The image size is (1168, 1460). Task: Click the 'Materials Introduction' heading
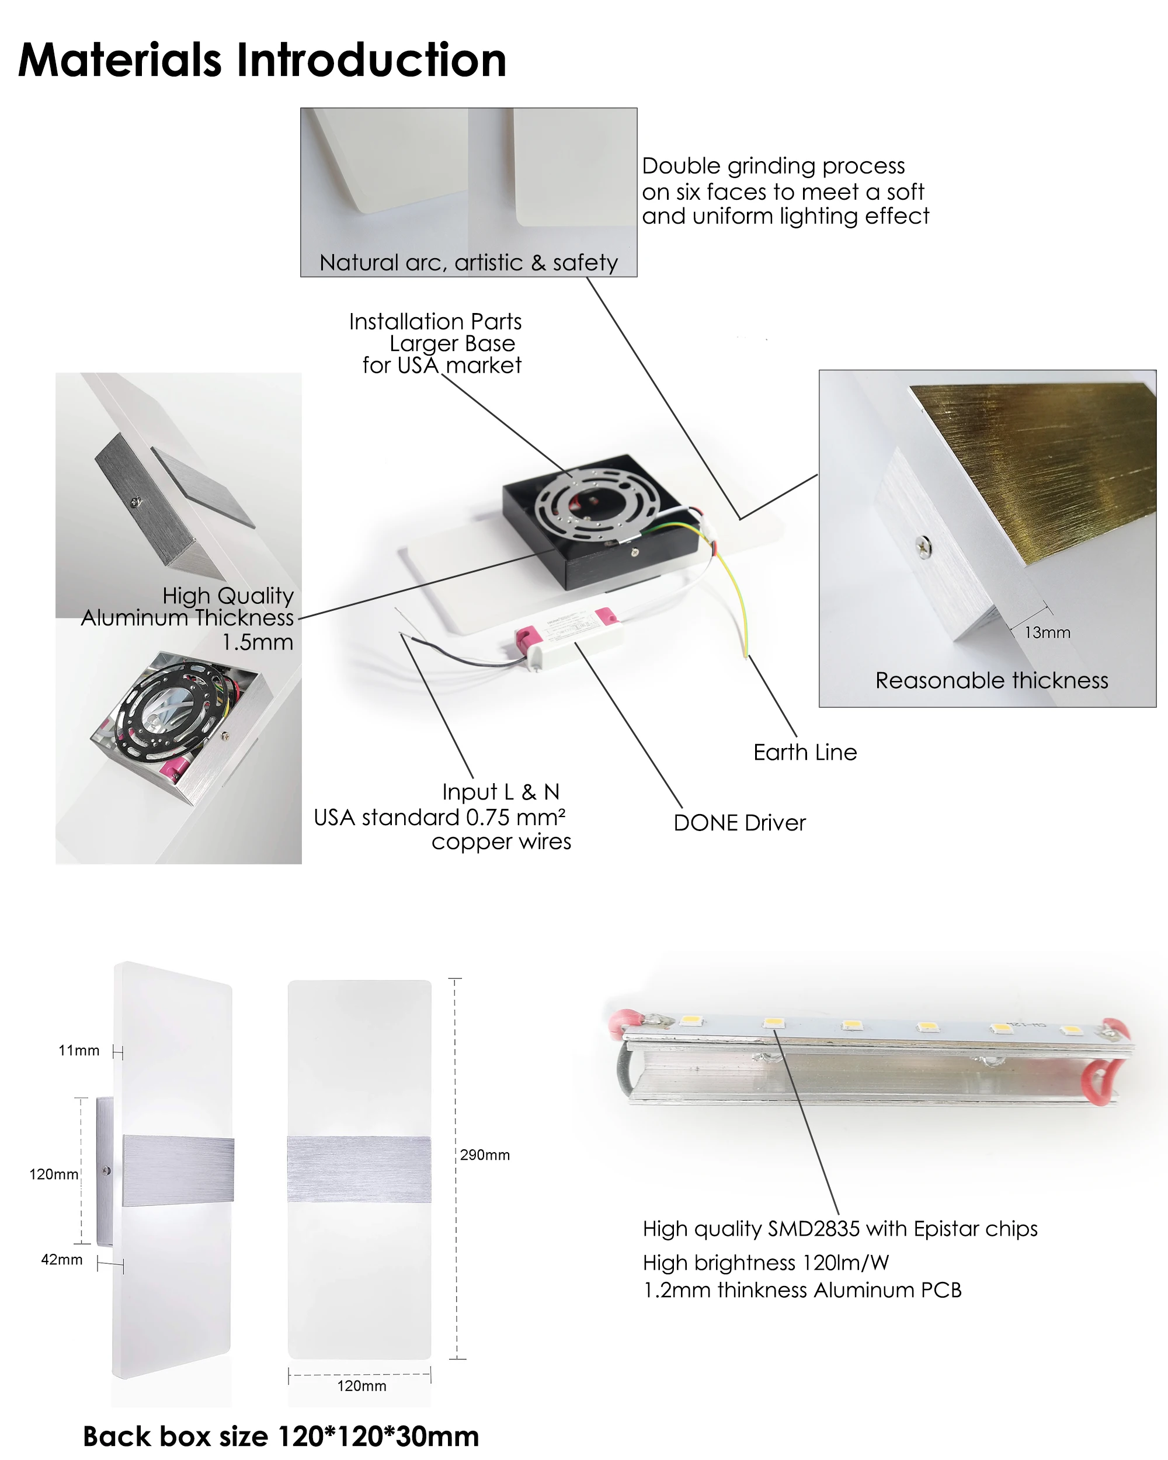262,61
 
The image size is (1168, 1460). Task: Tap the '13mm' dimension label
1047,632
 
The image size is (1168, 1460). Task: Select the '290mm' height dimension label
485,1155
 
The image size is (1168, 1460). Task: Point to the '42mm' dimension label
62,1260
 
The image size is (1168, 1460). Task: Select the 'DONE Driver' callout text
739,823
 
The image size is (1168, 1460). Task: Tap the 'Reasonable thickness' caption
991,680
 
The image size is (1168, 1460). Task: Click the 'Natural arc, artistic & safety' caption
468,263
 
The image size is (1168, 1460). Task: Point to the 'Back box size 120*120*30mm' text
280,1436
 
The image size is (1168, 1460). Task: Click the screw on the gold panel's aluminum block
922,544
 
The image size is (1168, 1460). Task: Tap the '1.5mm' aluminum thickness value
258,642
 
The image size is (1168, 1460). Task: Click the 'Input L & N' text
500,792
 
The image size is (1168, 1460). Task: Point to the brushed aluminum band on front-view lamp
359,1170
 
